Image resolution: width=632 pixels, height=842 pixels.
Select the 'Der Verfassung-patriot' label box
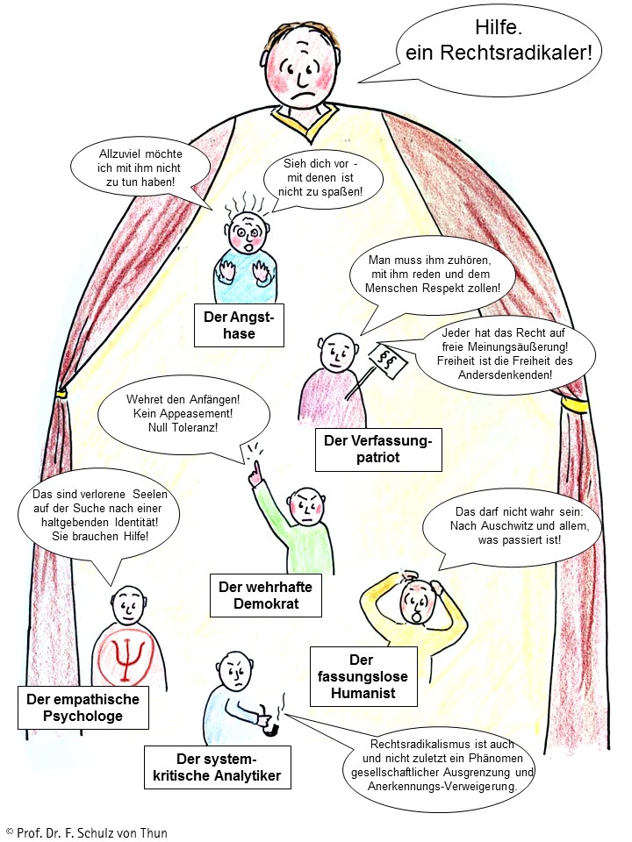coord(377,450)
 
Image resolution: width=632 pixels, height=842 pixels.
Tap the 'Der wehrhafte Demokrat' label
coord(265,596)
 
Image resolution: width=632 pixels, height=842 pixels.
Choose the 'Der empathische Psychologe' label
coord(83,708)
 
